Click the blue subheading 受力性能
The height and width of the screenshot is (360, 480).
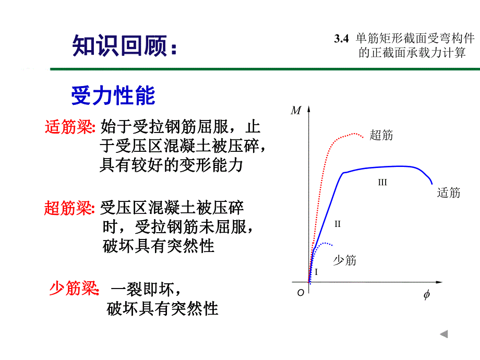point(113,96)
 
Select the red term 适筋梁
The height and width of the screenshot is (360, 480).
point(68,127)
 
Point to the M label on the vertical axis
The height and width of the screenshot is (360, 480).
point(296,110)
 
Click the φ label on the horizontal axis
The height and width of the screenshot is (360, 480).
point(426,295)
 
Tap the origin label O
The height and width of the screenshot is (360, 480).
point(301,293)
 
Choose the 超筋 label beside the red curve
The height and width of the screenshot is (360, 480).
point(381,136)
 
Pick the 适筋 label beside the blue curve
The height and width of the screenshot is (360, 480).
point(449,193)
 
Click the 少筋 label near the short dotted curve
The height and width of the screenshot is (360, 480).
point(344,260)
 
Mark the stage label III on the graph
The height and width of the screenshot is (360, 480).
point(382,183)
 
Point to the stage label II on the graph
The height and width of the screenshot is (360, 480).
point(338,224)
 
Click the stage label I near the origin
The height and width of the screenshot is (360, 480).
point(316,272)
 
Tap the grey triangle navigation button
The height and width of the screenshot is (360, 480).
point(443,334)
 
